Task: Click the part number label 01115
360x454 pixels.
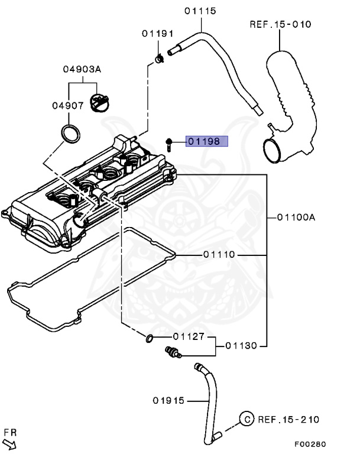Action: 200,11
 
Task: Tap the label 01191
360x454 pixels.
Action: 158,34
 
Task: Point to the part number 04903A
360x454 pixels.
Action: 82,69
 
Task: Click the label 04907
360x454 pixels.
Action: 68,106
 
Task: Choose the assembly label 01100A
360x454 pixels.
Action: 296,217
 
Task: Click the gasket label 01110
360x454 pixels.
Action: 219,255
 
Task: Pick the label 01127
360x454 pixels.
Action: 189,336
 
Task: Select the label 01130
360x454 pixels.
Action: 241,346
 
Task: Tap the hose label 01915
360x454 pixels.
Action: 168,401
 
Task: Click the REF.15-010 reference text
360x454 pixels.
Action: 280,24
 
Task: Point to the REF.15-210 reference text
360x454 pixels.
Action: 288,420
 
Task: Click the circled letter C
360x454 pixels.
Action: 247,419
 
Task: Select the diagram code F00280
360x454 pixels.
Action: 310,444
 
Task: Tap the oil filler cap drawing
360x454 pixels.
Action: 99,102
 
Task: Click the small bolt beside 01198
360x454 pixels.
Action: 169,145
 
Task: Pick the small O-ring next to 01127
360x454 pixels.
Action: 149,338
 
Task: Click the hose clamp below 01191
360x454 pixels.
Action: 159,59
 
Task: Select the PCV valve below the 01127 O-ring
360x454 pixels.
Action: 173,352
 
